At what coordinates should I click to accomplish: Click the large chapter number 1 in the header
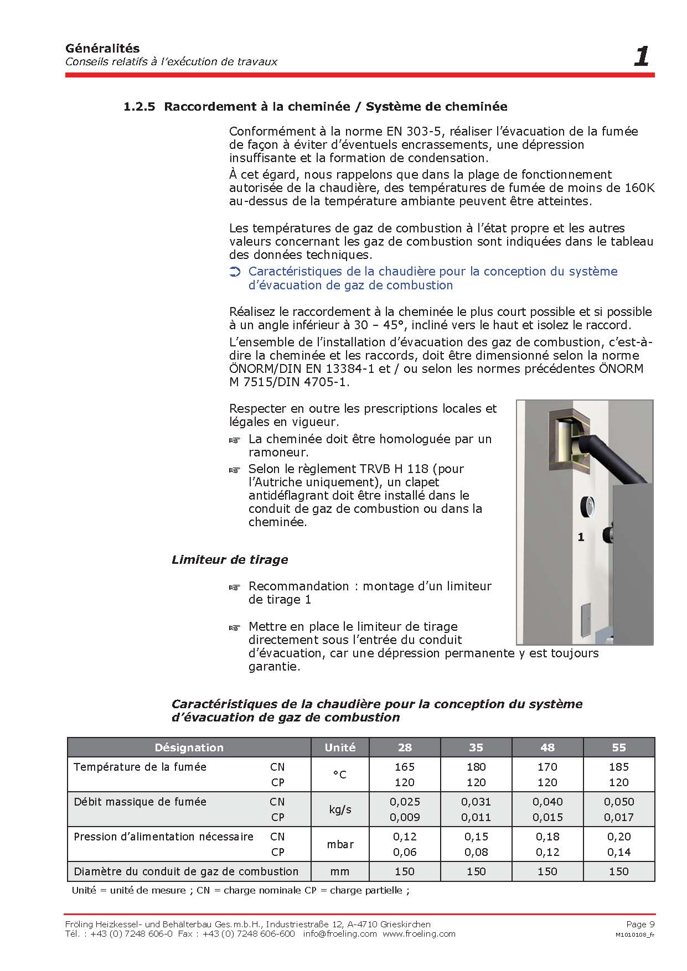(x=641, y=56)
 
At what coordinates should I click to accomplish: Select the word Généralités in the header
(x=102, y=48)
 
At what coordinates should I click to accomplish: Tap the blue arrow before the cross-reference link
(x=235, y=272)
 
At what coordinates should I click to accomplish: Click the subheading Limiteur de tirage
(x=230, y=559)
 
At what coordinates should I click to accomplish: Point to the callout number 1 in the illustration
(x=581, y=537)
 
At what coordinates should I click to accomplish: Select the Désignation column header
(x=189, y=747)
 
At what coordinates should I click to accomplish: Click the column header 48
(x=547, y=747)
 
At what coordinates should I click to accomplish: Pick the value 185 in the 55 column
(x=618, y=767)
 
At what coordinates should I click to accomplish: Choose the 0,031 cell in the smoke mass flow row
(x=476, y=802)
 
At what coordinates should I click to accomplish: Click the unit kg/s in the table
(x=340, y=809)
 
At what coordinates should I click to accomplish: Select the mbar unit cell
(x=340, y=844)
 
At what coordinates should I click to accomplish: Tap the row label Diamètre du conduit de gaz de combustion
(x=186, y=871)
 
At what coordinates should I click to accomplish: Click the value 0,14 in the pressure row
(x=618, y=852)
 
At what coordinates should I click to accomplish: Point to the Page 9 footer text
(x=640, y=924)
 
